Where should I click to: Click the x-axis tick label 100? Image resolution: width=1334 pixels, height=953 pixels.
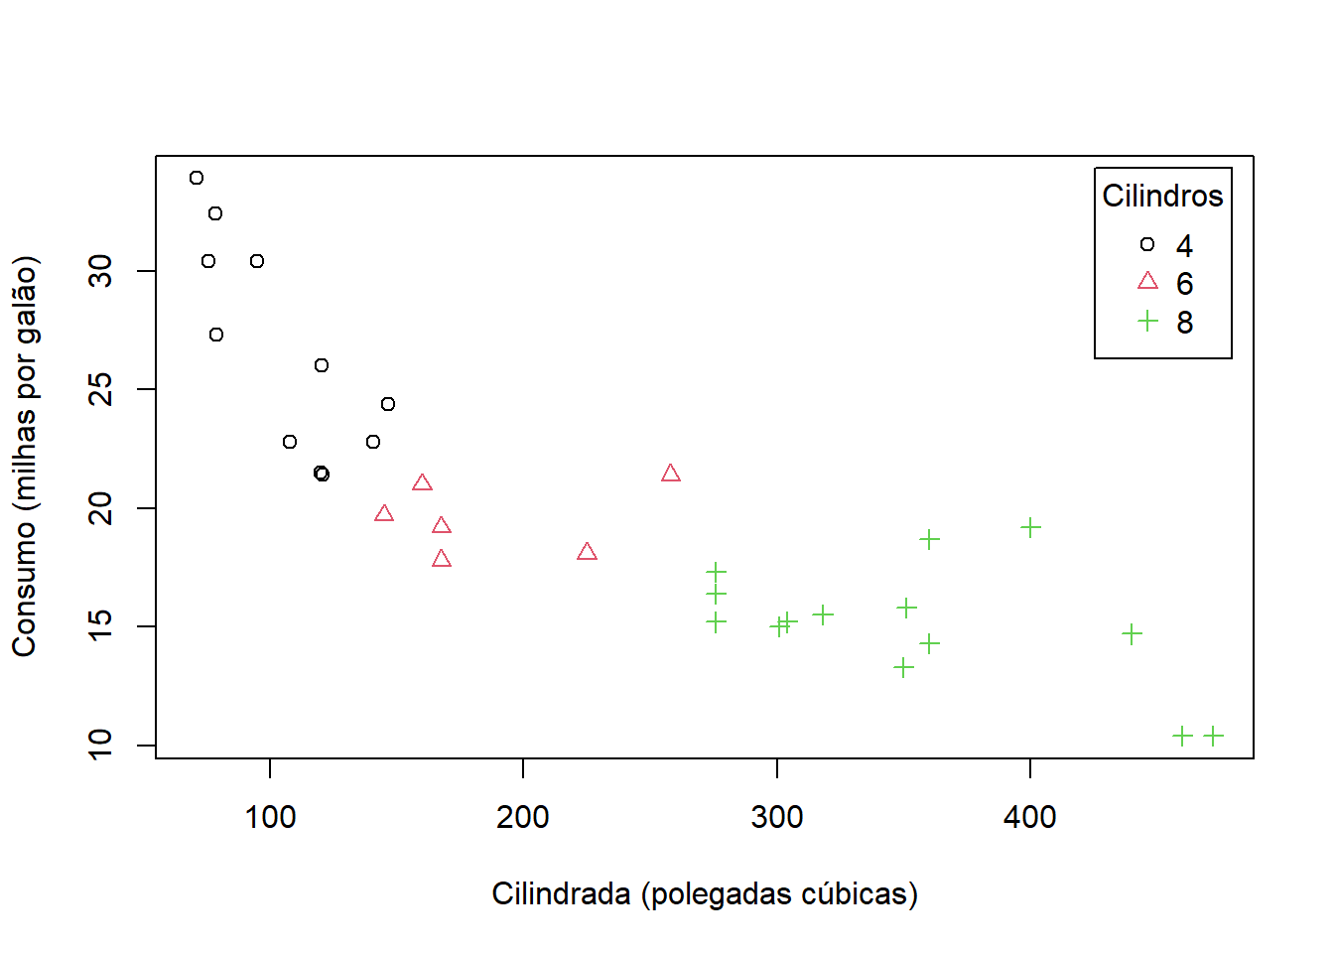pyautogui.click(x=270, y=817)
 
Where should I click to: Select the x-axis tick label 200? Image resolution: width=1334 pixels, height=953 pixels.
pyautogui.click(x=523, y=817)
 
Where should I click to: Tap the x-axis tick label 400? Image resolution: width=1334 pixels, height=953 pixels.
pyautogui.click(x=1029, y=817)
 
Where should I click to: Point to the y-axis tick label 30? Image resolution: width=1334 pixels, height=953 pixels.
pyautogui.click(x=100, y=271)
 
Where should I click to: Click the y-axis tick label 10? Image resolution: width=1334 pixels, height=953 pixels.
pyautogui.click(x=100, y=745)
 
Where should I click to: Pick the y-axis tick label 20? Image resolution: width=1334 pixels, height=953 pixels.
pyautogui.click(x=100, y=508)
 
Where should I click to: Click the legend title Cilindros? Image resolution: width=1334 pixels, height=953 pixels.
pyautogui.click(x=1162, y=196)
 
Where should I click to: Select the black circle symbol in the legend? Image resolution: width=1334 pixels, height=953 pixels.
pyautogui.click(x=1147, y=244)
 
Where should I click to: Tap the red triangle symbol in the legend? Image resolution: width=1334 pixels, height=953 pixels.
pyautogui.click(x=1147, y=282)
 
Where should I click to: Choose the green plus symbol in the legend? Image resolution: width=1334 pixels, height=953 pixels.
pyautogui.click(x=1147, y=321)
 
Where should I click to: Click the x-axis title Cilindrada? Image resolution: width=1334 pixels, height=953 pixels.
pyautogui.click(x=704, y=893)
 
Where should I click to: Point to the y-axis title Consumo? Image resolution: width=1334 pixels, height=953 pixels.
pyautogui.click(x=24, y=457)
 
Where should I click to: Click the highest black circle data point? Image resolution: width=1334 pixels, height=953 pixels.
pyautogui.click(x=197, y=178)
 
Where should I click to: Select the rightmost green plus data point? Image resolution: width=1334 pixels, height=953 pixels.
pyautogui.click(x=1213, y=736)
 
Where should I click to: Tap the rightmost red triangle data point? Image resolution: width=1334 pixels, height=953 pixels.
pyautogui.click(x=671, y=474)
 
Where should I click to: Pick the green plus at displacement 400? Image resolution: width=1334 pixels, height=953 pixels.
pyautogui.click(x=1030, y=527)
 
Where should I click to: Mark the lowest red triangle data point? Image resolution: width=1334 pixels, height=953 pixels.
pyautogui.click(x=442, y=559)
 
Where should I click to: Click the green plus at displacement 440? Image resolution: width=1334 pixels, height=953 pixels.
pyautogui.click(x=1132, y=633)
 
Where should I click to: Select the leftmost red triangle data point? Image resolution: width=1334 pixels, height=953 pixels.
pyautogui.click(x=384, y=513)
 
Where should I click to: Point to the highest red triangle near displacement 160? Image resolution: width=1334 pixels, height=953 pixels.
pyautogui.click(x=422, y=483)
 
